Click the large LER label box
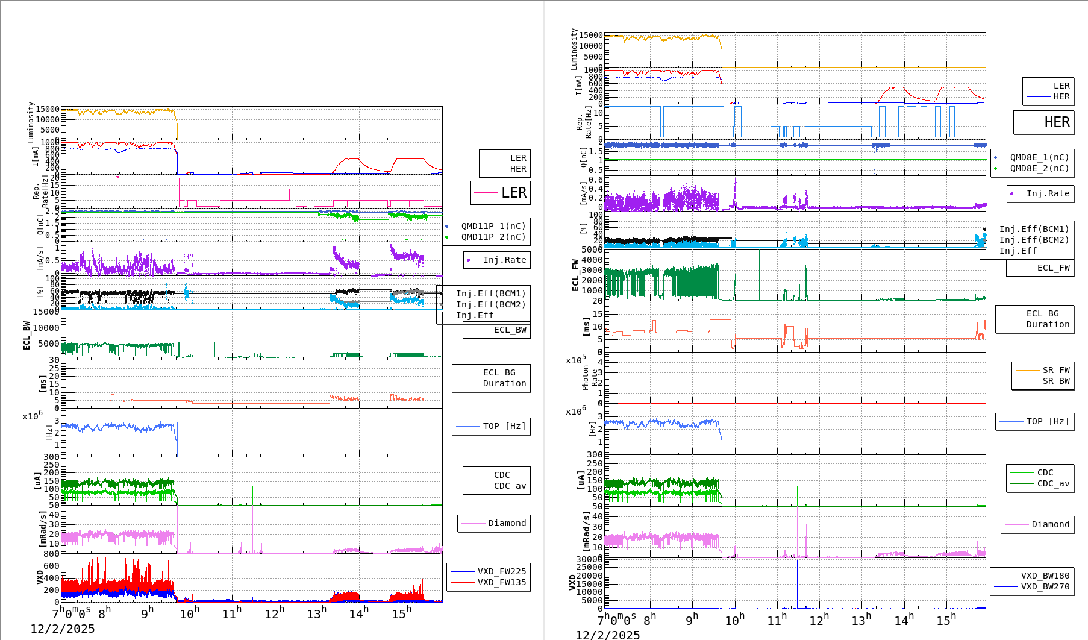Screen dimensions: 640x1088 coord(500,193)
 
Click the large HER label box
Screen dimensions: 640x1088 coord(1043,122)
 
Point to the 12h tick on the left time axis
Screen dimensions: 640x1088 coord(275,613)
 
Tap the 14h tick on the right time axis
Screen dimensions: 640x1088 coord(904,620)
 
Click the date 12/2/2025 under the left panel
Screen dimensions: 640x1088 coord(63,629)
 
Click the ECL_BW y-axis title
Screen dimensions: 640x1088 coord(27,335)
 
